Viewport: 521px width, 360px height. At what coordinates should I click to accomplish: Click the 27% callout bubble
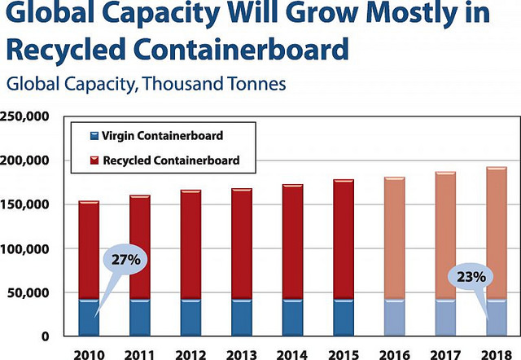click(x=125, y=259)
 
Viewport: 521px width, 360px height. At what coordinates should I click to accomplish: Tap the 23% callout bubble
click(x=471, y=277)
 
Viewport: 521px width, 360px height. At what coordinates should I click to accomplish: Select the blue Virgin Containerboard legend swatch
click(x=94, y=136)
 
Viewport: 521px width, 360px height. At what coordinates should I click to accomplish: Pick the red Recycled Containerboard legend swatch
click(x=94, y=160)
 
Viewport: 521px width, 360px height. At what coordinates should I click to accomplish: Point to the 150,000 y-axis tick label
click(x=24, y=204)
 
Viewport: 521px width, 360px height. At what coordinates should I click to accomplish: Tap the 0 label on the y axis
click(x=46, y=336)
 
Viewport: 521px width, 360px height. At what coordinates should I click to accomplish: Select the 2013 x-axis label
click(x=242, y=355)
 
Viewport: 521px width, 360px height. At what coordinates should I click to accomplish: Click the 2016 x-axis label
click(x=394, y=355)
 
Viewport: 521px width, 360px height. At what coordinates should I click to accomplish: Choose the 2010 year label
click(x=89, y=355)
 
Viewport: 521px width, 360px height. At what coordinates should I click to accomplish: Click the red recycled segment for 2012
click(x=190, y=244)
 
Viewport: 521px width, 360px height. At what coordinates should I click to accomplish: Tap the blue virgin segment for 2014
click(x=293, y=318)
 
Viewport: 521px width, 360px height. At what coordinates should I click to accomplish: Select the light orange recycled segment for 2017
click(x=445, y=235)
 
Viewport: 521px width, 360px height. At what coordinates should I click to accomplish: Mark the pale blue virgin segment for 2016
click(x=394, y=318)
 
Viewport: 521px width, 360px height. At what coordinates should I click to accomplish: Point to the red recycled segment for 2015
click(x=344, y=239)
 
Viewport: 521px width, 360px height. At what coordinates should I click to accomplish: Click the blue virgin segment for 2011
click(x=140, y=318)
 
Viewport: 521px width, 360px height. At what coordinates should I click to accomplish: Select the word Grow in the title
click(x=322, y=13)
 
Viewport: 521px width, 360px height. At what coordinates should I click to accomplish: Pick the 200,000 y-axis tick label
click(x=24, y=160)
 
